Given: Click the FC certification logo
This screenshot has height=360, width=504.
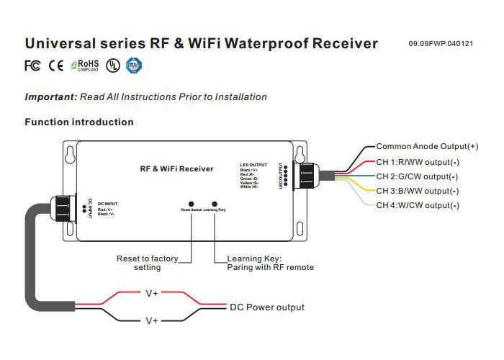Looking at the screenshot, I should click(x=32, y=66).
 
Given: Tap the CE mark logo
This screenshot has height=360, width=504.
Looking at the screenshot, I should click(x=56, y=66).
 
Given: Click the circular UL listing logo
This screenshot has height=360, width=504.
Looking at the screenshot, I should click(x=112, y=66).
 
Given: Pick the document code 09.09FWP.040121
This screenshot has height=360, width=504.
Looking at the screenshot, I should click(x=441, y=45).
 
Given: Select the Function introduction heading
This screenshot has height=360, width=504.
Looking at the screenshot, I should click(x=79, y=122).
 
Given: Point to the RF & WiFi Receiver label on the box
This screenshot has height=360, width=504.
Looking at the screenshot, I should click(x=176, y=168).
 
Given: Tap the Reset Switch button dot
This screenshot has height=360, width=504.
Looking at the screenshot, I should click(x=191, y=204).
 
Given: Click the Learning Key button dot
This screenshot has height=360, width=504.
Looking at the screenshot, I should click(x=215, y=204).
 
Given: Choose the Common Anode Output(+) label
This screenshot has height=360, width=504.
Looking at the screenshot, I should click(x=427, y=146).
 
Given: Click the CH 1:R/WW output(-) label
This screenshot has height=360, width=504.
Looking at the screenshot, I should click(x=417, y=161).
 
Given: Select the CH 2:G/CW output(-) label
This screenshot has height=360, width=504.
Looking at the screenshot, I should click(x=417, y=176).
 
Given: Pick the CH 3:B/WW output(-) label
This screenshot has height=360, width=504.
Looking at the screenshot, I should click(x=417, y=191).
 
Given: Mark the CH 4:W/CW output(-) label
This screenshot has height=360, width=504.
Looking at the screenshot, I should click(x=417, y=206).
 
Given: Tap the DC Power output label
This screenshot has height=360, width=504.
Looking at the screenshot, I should click(x=266, y=307).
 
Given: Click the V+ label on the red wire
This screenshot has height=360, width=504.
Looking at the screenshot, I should click(x=153, y=294).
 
